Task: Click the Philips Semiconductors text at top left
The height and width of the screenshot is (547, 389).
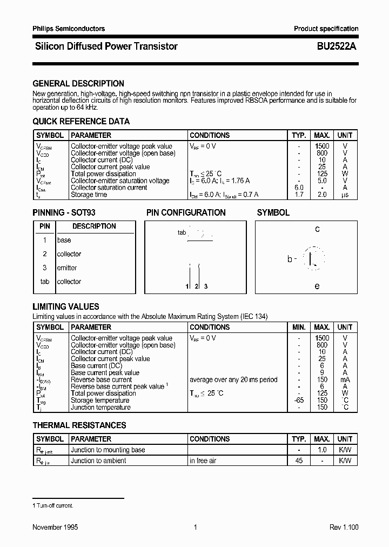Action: pyautogui.click(x=69, y=29)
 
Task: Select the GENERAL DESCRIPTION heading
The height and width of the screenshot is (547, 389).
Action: pyautogui.click(x=78, y=84)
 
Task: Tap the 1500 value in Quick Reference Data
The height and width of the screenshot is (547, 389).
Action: pyautogui.click(x=321, y=146)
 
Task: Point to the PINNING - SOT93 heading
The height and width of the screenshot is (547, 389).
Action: pyautogui.click(x=64, y=213)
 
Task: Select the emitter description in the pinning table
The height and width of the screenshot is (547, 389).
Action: pyautogui.click(x=67, y=268)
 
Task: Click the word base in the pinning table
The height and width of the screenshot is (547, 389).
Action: pyautogui.click(x=64, y=240)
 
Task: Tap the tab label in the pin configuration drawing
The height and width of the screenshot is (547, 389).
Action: pyautogui.click(x=182, y=232)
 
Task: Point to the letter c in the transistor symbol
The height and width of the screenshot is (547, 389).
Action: pyautogui.click(x=317, y=229)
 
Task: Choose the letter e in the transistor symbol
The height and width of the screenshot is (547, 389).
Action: pyautogui.click(x=317, y=286)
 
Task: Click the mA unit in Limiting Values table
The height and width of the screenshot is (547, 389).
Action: pyautogui.click(x=345, y=379)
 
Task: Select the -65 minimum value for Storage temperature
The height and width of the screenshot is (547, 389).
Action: pyautogui.click(x=299, y=401)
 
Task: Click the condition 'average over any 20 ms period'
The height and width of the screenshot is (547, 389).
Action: pyautogui.click(x=233, y=379)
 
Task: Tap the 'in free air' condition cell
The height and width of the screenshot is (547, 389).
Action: pyautogui.click(x=203, y=461)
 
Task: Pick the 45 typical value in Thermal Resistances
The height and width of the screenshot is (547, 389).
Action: pyautogui.click(x=299, y=461)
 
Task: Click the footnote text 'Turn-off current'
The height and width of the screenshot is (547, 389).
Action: pyautogui.click(x=55, y=505)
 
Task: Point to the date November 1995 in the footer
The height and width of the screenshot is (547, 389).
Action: pyautogui.click(x=55, y=527)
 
